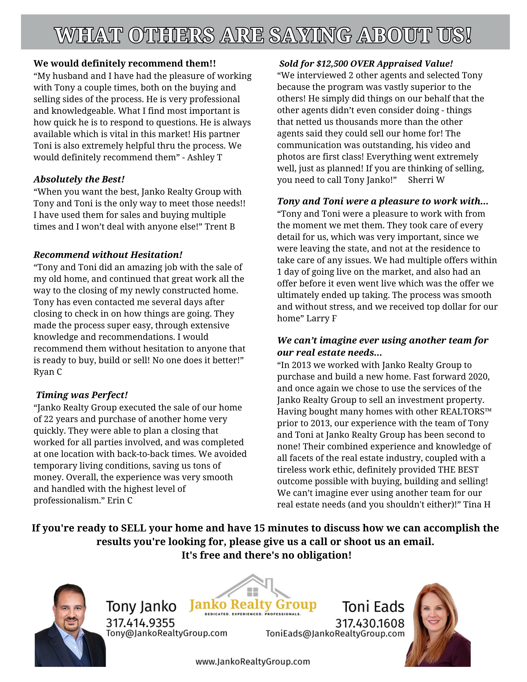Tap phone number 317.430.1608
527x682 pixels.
coord(370,623)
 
